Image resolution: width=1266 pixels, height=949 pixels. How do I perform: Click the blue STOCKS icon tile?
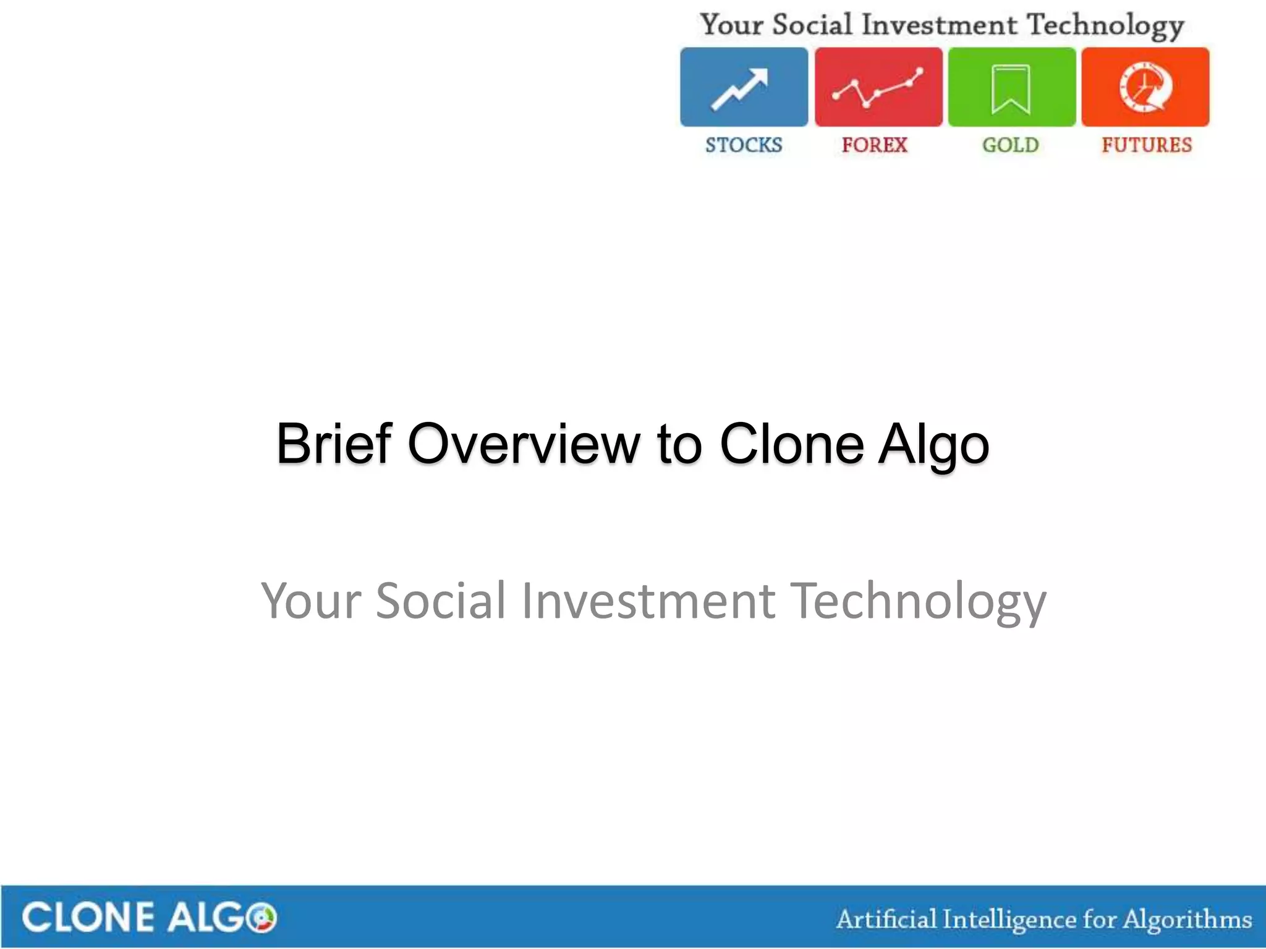click(x=744, y=87)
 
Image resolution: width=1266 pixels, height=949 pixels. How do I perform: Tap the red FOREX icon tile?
click(x=878, y=87)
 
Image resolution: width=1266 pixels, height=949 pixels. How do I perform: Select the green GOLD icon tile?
click(x=1011, y=87)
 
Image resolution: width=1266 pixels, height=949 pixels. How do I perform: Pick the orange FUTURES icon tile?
click(x=1145, y=87)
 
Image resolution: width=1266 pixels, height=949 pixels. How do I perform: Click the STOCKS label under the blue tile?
click(x=744, y=145)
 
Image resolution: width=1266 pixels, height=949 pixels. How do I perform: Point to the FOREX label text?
click(x=874, y=145)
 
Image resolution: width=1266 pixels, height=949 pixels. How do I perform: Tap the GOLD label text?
click(x=1011, y=145)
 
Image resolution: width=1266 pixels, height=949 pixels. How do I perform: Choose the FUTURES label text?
click(x=1147, y=145)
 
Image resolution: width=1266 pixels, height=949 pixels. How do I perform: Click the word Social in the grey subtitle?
click(x=441, y=601)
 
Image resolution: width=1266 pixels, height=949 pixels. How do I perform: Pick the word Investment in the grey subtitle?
click(x=648, y=601)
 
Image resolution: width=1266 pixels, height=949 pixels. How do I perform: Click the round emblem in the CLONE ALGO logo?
click(x=261, y=917)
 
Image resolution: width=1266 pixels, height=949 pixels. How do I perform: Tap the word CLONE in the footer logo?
click(x=87, y=917)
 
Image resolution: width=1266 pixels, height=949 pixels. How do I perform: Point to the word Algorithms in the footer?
click(x=1187, y=919)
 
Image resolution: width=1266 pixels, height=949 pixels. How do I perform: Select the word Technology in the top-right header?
click(x=1105, y=26)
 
